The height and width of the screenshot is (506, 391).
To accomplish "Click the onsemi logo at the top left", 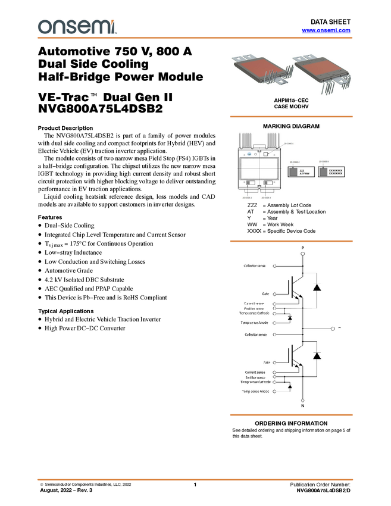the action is coord(77,27).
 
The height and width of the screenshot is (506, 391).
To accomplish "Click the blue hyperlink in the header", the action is coord(326,30).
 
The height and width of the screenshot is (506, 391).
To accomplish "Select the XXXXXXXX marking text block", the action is coord(335,171).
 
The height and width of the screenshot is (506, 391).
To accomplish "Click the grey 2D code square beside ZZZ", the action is coord(292,171).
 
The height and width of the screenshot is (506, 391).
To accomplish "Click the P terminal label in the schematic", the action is coord(302,248).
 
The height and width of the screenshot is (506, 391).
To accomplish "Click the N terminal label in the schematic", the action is coord(302,406).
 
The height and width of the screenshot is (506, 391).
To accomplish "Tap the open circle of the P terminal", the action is coord(302,254).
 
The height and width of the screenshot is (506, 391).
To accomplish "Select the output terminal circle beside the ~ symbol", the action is coord(333,328).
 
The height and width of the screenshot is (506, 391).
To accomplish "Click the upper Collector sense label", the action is coord(257,266).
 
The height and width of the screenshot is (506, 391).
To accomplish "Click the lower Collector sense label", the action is coord(257,335).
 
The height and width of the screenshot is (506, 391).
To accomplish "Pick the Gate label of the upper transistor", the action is coord(265,293).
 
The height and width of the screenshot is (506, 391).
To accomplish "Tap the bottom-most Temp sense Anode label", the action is coord(255,392).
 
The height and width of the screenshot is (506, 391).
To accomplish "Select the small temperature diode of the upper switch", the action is coord(289,319).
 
